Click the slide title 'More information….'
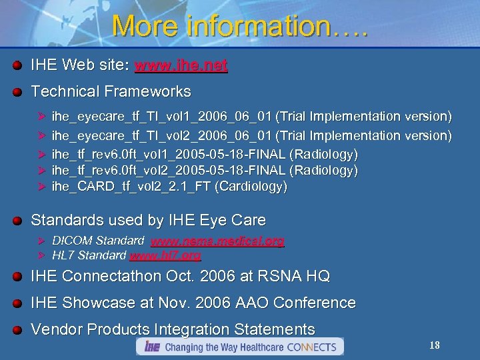coord(240,26)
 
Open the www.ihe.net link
coord(181,65)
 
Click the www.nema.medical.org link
coord(217,241)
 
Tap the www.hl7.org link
coord(165,255)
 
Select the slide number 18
coord(434,345)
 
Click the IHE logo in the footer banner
coord(151,347)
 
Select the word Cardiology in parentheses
coord(251,187)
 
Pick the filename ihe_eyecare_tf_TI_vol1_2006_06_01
coord(161,117)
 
